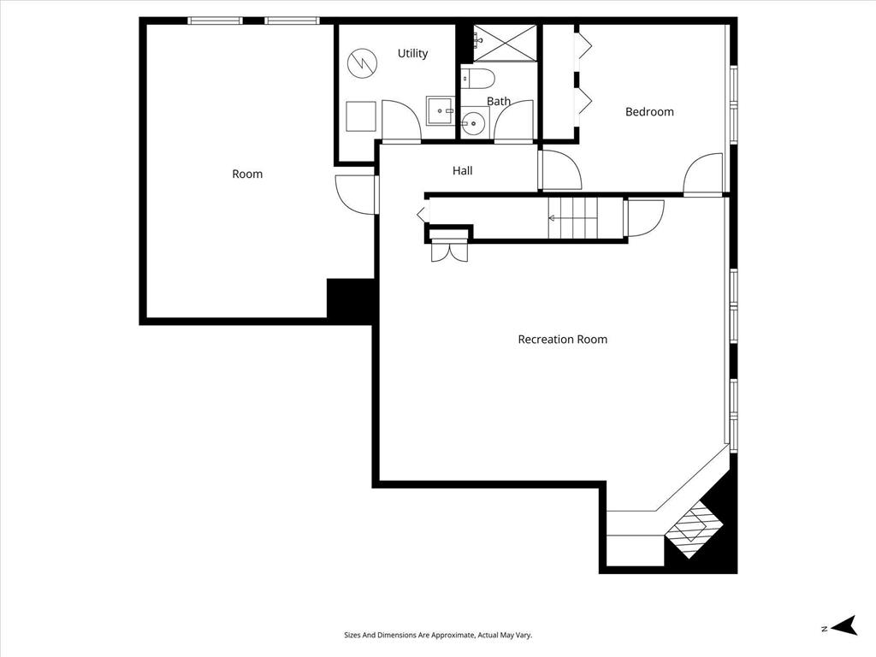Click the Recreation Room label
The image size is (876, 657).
click(x=562, y=340)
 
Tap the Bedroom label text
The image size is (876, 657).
click(x=649, y=112)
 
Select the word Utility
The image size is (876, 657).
click(x=412, y=54)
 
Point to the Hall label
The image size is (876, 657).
click(x=462, y=171)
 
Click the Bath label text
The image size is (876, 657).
click(x=499, y=102)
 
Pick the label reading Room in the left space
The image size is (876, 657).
click(x=247, y=175)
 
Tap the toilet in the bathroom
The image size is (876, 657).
click(x=477, y=79)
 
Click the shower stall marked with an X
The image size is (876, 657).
click(x=505, y=43)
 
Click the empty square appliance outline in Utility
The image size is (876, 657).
click(x=361, y=116)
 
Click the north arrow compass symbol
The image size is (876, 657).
click(x=844, y=626)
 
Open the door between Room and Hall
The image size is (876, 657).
click(x=357, y=193)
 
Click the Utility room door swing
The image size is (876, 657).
click(x=400, y=121)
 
